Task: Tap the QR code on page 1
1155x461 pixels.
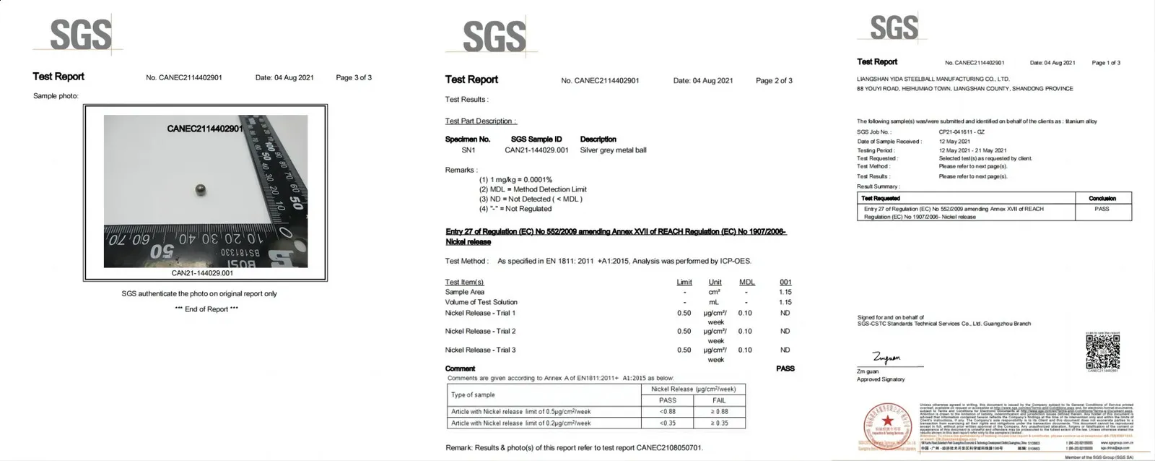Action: [x=1102, y=352]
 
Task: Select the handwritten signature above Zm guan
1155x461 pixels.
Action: [x=886, y=358]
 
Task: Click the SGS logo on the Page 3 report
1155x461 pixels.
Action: [x=80, y=34]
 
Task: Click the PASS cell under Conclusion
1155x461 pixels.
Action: [x=1102, y=209]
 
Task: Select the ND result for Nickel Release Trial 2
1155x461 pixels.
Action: [x=785, y=332]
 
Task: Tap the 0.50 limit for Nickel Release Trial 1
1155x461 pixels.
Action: [x=684, y=314]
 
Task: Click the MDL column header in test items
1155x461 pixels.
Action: [x=746, y=283]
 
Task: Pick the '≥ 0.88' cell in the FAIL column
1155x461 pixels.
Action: [x=719, y=412]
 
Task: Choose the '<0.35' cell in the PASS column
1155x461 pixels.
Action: [x=668, y=423]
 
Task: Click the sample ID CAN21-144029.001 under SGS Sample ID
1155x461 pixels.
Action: [x=536, y=150]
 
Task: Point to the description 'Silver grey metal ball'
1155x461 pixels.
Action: [x=613, y=150]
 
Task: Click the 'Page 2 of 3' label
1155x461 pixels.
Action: [x=774, y=81]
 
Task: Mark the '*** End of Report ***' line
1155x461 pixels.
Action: [x=206, y=309]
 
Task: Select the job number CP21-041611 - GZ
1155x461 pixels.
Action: [x=962, y=132]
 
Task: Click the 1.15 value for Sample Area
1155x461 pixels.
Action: [x=785, y=292]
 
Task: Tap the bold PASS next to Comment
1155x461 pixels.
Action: [x=785, y=369]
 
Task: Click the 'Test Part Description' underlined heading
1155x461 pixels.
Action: [x=480, y=121]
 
